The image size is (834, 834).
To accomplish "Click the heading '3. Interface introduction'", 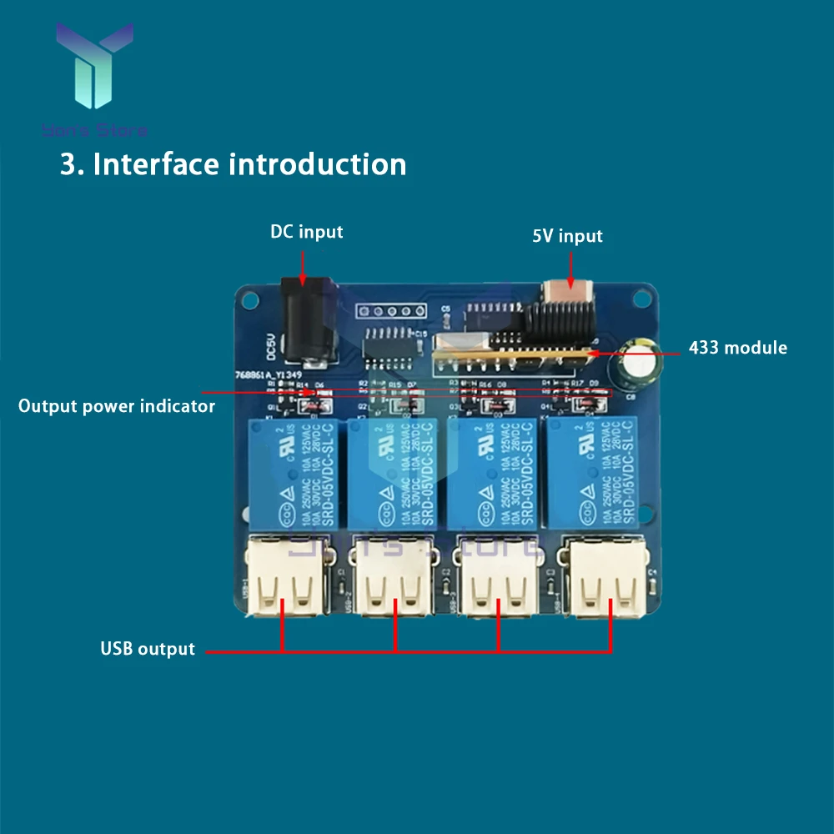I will (x=233, y=164).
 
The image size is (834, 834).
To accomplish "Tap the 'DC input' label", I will (x=306, y=232).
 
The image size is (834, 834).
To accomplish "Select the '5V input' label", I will (x=567, y=236).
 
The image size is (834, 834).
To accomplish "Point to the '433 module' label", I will (x=737, y=348).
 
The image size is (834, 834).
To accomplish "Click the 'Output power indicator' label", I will (x=117, y=406).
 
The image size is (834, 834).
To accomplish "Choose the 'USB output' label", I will (x=148, y=649).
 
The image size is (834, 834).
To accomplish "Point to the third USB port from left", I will (x=498, y=576).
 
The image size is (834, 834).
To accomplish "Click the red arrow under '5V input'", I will (x=570, y=272).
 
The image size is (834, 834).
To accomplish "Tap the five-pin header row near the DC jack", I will (x=385, y=312).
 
